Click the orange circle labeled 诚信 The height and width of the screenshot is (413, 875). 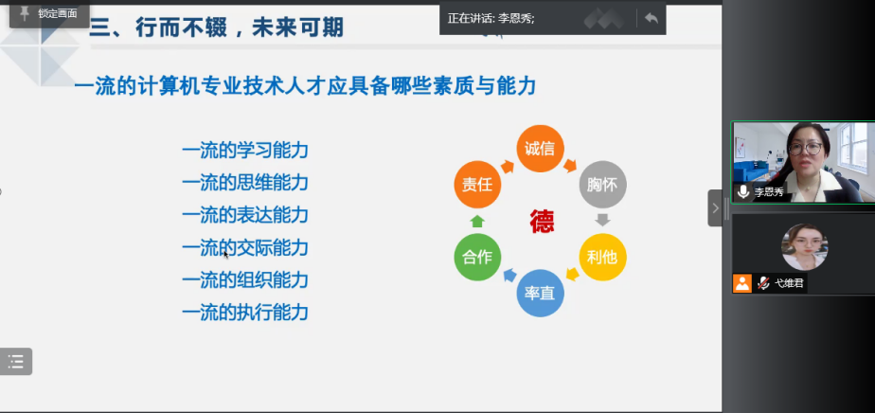coord(540,149)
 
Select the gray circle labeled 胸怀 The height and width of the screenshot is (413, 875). coord(602,184)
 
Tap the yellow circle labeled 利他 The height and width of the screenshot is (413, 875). coord(602,258)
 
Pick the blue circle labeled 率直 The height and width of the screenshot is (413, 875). coord(540,293)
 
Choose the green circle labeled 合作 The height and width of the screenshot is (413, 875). coord(477,258)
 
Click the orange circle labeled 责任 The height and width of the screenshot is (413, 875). coord(477,184)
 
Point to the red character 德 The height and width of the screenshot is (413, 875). coord(542,222)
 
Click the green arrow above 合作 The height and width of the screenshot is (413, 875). coord(477,221)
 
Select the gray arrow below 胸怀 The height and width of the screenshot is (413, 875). coord(602,220)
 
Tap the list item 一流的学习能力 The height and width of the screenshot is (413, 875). coord(245,151)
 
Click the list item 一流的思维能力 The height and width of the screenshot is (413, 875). coord(245,183)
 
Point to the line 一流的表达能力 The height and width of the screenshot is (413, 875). coord(245,215)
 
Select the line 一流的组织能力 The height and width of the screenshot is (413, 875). coord(245,280)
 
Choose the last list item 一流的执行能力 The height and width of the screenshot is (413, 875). coord(245,313)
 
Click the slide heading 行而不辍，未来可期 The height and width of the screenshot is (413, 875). coord(240,27)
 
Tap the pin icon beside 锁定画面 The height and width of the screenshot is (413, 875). coord(25,14)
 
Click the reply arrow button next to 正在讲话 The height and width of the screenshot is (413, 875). coord(652,18)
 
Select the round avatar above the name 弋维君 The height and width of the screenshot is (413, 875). coord(804,246)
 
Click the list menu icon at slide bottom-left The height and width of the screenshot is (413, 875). coord(15,362)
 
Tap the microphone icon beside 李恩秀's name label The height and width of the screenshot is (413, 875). coord(743,192)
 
